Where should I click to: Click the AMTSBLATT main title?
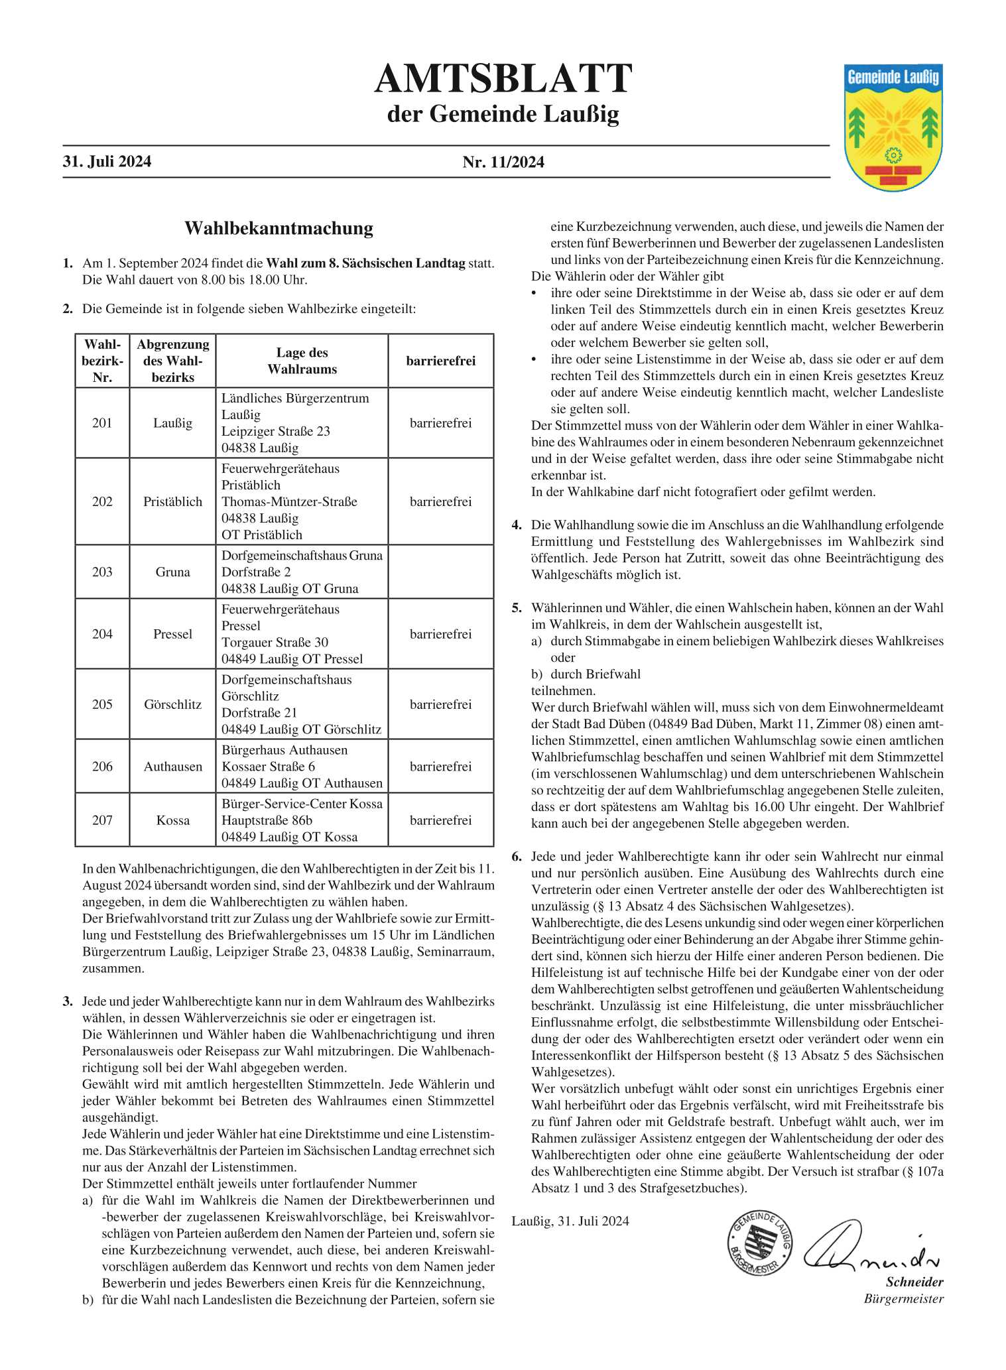pos(503,80)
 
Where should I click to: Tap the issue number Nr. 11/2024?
pos(503,162)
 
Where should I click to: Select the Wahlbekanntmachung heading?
pos(279,229)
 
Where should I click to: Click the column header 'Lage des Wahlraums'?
pos(302,361)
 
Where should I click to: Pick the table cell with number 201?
pos(102,423)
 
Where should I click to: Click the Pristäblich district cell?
pos(172,502)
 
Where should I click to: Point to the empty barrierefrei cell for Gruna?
pos(440,572)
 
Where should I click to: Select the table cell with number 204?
pos(102,634)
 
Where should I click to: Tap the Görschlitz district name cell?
pos(172,704)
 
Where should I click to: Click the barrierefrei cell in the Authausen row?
pos(440,767)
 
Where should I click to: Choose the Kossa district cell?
pos(172,820)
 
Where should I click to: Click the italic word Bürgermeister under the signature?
pos(903,1298)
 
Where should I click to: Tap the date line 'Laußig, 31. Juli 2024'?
pos(570,1221)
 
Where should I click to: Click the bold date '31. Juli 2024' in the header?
pos(107,162)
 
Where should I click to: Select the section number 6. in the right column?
pos(517,857)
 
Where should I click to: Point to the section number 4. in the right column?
pos(517,525)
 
